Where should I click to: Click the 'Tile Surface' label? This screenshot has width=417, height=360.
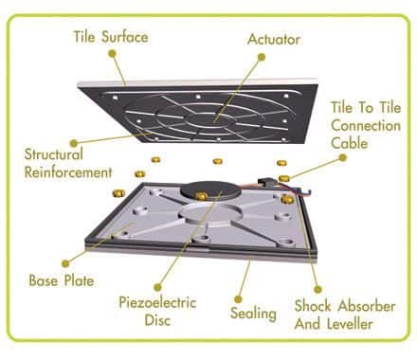[111, 37]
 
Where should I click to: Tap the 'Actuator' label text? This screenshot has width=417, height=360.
[274, 40]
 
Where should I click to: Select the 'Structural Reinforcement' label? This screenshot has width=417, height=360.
[68, 163]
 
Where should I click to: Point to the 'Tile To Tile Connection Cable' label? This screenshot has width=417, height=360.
[366, 125]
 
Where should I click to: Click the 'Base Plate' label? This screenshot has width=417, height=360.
[62, 280]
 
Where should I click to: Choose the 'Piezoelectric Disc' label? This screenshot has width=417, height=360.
[157, 311]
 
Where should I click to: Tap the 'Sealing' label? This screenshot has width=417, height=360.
[253, 313]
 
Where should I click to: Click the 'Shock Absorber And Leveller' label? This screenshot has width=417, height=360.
[345, 315]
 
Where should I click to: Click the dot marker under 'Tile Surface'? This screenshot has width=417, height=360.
[112, 54]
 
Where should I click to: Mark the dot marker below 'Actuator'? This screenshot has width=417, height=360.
[262, 57]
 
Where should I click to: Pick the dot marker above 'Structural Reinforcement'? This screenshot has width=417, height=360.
[74, 143]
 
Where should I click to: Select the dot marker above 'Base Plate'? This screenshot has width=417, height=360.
[65, 263]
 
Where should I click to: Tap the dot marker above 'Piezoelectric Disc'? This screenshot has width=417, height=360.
[157, 287]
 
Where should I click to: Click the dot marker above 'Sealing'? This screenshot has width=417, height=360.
[238, 298]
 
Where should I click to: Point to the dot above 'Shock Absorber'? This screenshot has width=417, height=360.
[317, 289]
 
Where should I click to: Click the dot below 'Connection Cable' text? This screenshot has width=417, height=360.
[342, 157]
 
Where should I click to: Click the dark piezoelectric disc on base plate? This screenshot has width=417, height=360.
[210, 190]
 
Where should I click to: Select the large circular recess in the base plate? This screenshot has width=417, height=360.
[209, 214]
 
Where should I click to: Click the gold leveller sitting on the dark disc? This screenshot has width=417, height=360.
[201, 196]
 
